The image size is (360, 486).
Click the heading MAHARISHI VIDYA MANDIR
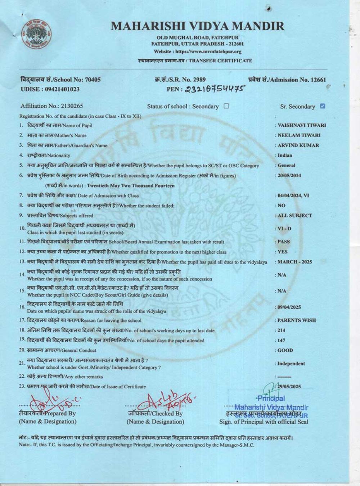(197, 26)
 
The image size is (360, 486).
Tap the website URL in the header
(198, 52)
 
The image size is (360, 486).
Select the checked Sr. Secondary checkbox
(323, 106)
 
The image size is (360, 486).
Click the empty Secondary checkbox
(226, 106)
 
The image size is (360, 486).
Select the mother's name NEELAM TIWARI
(299, 135)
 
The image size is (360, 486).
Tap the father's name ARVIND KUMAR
(298, 145)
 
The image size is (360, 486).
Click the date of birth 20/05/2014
(289, 176)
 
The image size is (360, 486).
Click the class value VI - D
(284, 229)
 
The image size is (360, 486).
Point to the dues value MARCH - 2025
(295, 262)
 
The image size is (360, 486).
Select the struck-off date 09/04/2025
(289, 307)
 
